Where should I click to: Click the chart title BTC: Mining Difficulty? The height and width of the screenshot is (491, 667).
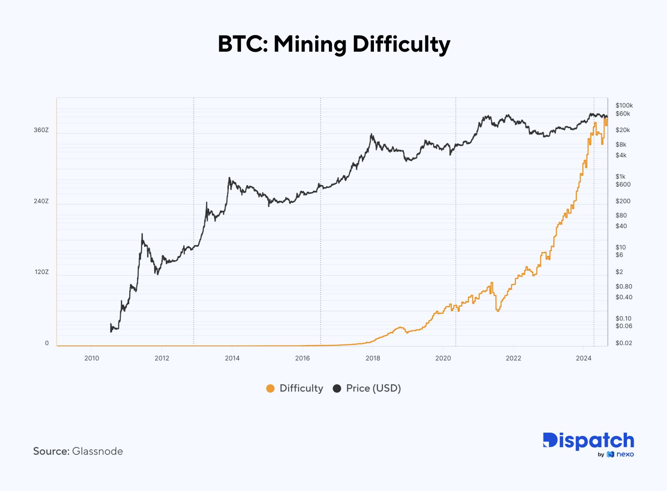point(334,44)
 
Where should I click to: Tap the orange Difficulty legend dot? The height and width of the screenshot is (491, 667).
point(270,388)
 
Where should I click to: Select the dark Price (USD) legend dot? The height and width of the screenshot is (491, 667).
point(337,388)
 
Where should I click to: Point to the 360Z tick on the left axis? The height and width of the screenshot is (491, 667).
point(41,130)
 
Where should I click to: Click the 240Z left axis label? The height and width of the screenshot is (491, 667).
point(41,201)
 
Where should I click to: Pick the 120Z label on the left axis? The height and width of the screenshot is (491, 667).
point(41,272)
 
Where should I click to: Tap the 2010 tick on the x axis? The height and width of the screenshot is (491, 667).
point(92,358)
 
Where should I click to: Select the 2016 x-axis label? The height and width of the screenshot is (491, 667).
point(302,358)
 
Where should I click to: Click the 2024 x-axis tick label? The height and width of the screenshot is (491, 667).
point(584,358)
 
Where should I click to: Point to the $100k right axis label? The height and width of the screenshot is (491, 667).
point(624,105)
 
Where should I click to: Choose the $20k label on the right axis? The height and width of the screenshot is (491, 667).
point(623,130)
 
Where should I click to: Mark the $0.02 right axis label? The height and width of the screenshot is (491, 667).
point(624,343)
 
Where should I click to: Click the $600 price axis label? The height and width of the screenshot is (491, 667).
point(623,184)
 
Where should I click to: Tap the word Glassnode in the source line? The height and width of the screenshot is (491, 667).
point(98,451)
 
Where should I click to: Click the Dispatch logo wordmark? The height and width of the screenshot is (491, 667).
point(588,441)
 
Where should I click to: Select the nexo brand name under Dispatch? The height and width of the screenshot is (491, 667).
point(625,454)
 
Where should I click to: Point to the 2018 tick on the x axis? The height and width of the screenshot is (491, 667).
point(373,358)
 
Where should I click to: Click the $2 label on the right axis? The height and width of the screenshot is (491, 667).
point(619,272)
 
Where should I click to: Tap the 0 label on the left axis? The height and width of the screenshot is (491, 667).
point(47,343)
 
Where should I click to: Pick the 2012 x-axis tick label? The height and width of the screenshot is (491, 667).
point(162,358)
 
